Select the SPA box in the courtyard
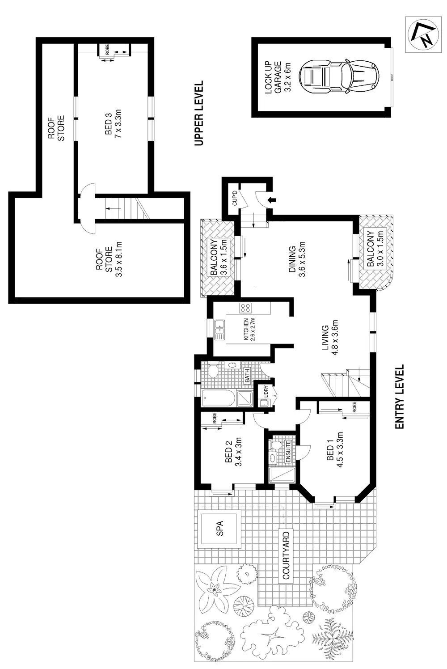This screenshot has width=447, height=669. click(220, 530)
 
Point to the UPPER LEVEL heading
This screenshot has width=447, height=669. click(199, 113)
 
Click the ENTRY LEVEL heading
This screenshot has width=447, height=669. click(399, 397)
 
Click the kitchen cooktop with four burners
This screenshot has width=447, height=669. click(245, 308)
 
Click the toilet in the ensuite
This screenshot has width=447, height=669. click(275, 445)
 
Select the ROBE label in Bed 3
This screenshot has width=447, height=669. click(107, 50)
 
